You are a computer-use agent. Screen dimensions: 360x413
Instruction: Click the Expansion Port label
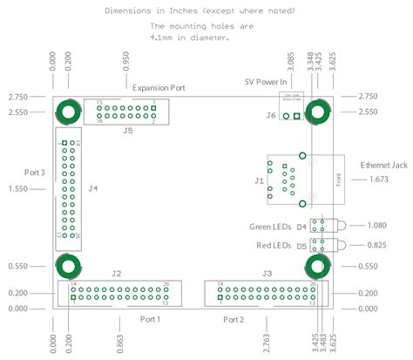click(x=159, y=87)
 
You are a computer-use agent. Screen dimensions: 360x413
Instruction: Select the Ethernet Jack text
click(x=383, y=164)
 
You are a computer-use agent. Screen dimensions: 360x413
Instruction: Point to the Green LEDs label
click(x=269, y=228)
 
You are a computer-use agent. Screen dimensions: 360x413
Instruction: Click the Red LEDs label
click(x=274, y=246)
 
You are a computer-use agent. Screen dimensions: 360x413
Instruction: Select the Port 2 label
click(x=233, y=320)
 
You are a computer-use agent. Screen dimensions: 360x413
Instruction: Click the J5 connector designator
click(x=128, y=131)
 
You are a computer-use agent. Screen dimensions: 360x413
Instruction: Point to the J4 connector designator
click(x=93, y=187)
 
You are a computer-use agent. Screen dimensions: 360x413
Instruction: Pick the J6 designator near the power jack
click(x=271, y=115)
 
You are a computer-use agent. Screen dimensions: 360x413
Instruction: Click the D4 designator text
click(x=301, y=228)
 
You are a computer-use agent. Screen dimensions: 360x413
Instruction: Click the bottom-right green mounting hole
click(x=319, y=267)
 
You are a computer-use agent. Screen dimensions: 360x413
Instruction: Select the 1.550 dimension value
click(x=18, y=188)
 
